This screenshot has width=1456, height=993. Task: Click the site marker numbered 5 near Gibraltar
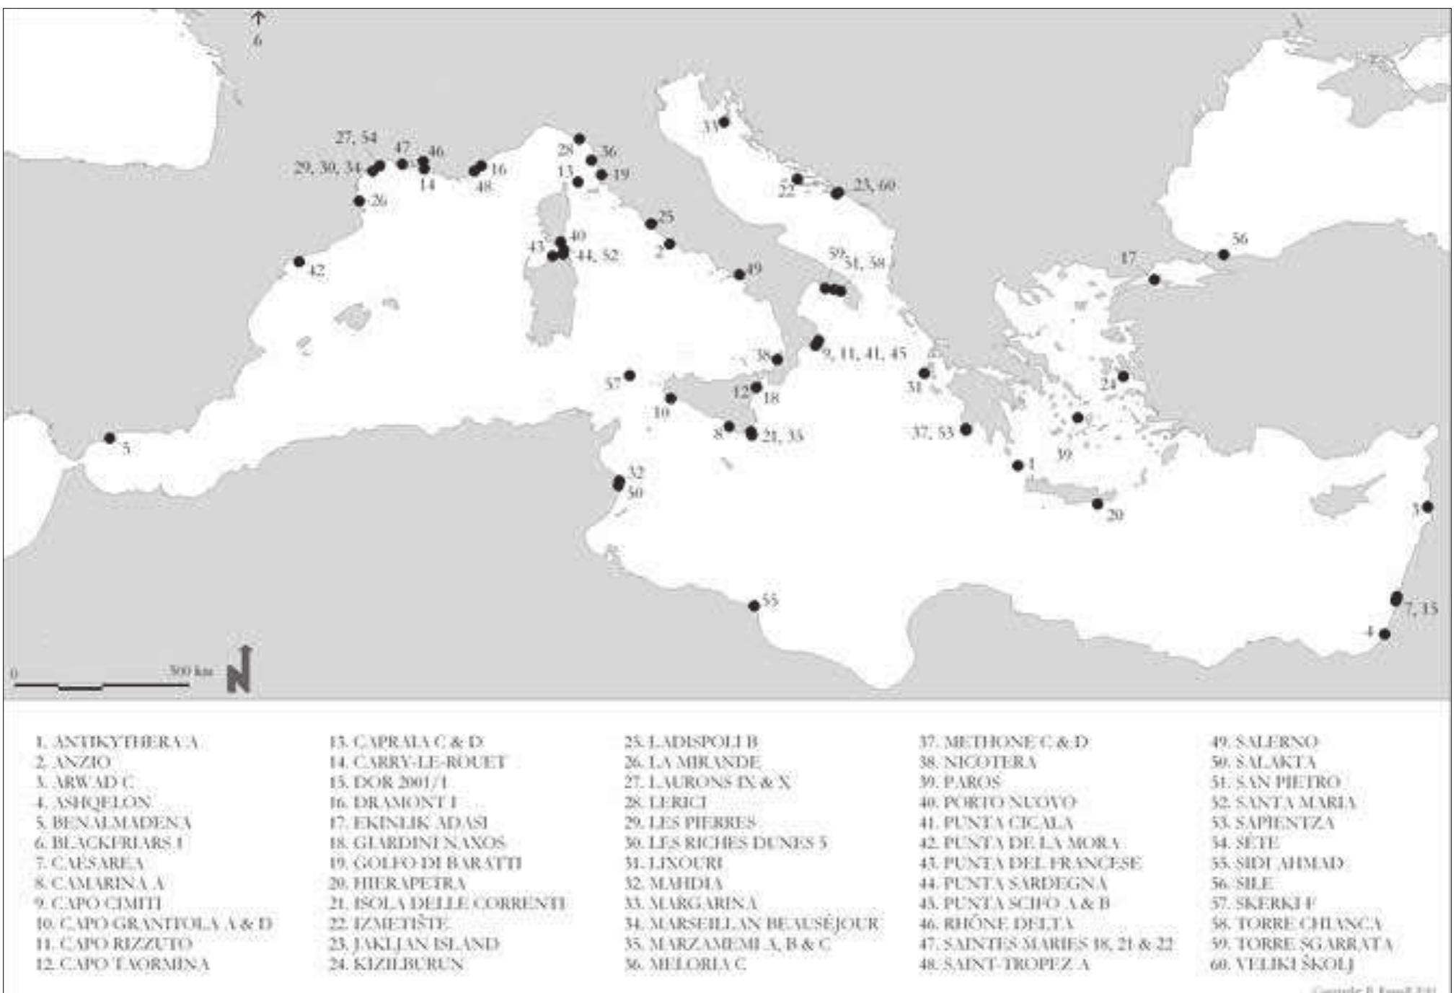tap(110, 438)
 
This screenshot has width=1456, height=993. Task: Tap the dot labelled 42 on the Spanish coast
tap(299, 261)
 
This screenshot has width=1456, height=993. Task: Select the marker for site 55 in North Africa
tap(754, 606)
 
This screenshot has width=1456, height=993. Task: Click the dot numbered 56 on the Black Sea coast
tap(1224, 255)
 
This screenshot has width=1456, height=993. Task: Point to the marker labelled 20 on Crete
tap(1098, 504)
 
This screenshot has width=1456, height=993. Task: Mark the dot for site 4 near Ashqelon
tap(1385, 635)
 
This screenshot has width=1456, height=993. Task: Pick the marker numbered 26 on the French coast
tap(359, 201)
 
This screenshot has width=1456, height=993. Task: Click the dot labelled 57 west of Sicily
tap(630, 375)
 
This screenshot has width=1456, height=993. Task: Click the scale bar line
tap(102, 685)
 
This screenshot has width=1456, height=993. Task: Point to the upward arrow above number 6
tap(257, 17)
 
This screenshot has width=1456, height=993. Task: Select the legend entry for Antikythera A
tap(116, 742)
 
